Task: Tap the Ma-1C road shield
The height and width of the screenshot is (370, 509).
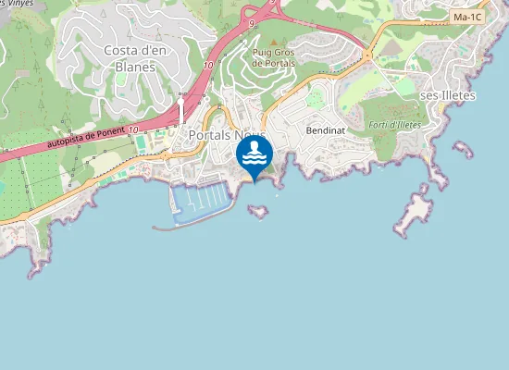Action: click(x=466, y=17)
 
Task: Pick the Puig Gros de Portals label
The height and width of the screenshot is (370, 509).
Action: click(x=274, y=57)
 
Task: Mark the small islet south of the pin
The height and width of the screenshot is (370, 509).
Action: click(x=258, y=212)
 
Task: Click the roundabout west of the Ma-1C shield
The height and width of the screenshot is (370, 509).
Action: click(x=367, y=55)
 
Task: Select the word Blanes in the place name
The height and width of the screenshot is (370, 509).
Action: click(x=135, y=66)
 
